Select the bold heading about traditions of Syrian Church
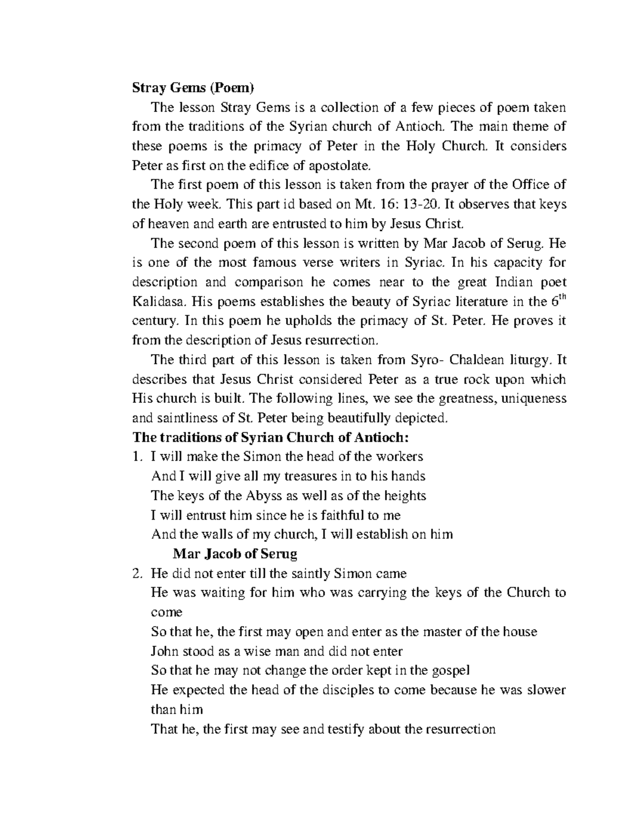270,437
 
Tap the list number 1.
136,457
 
